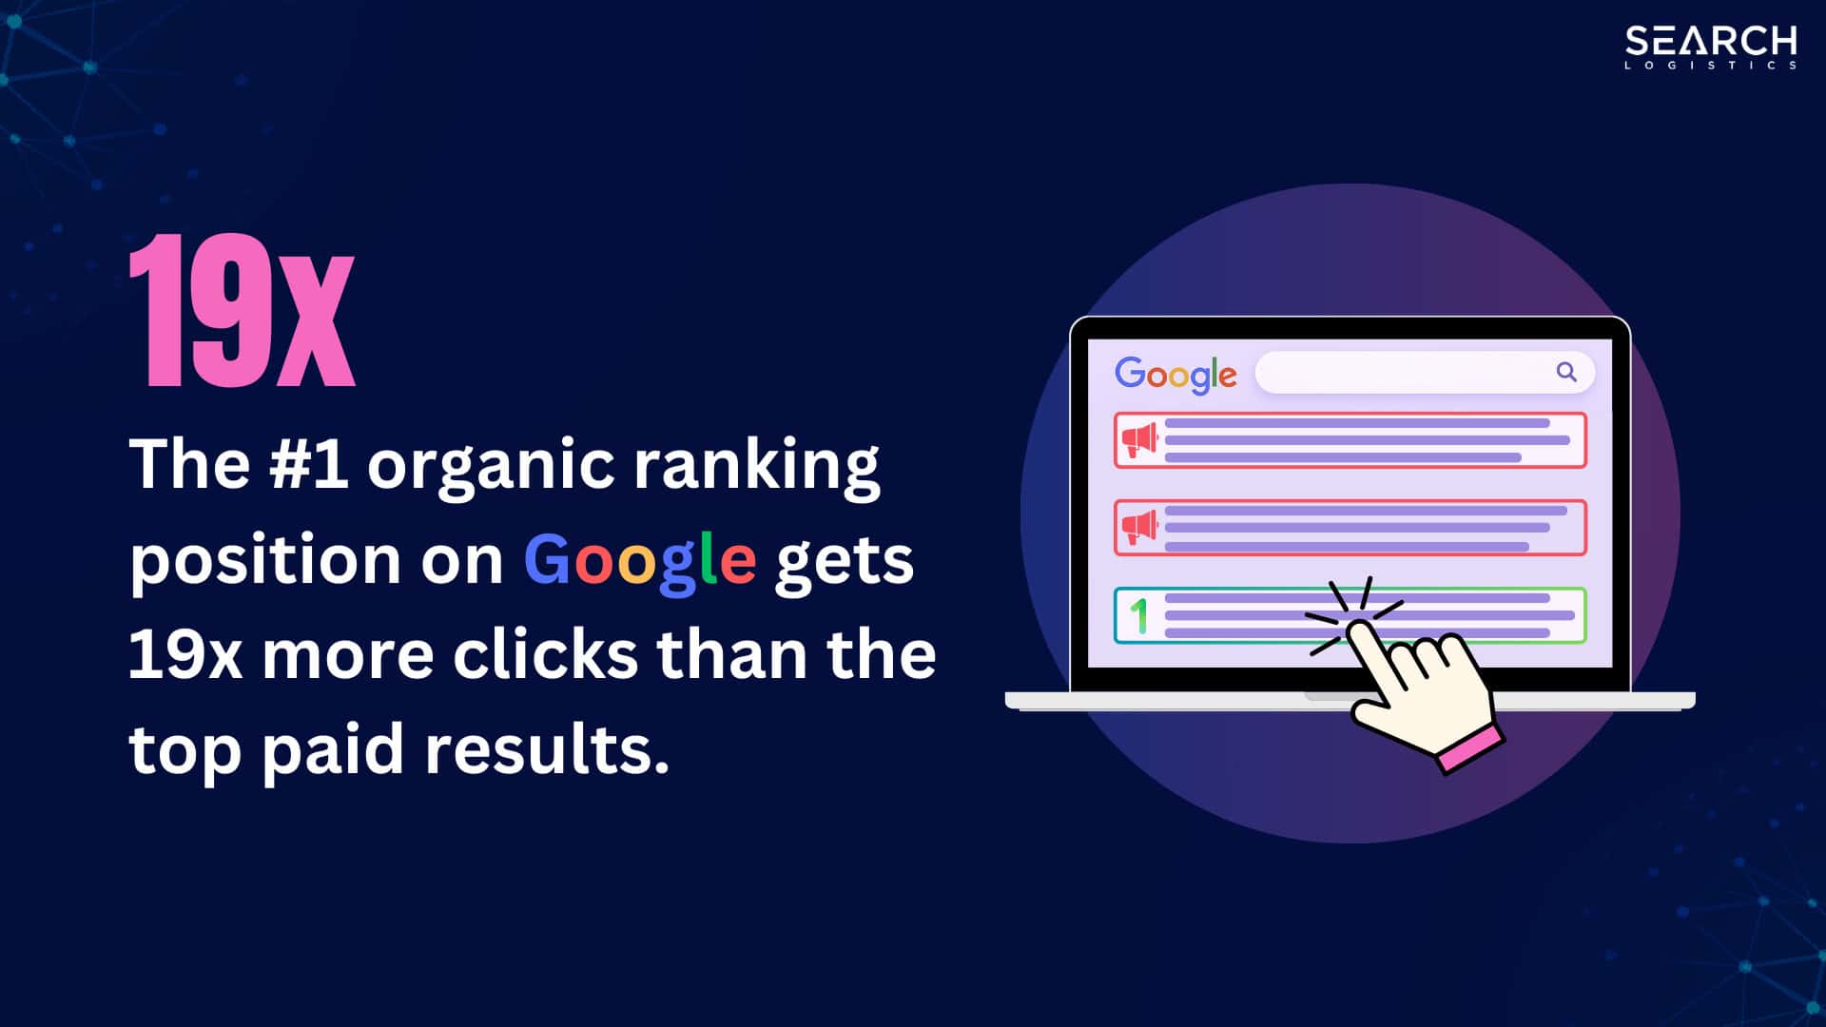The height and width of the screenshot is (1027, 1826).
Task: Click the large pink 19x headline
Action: pos(242,311)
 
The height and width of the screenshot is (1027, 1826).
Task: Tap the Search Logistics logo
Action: pos(1710,47)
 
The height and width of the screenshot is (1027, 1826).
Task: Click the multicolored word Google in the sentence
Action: pos(639,561)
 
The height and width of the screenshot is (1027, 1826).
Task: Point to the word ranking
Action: pos(756,466)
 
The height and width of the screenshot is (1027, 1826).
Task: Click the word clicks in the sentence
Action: pos(544,654)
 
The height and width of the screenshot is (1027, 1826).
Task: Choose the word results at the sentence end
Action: pos(547,749)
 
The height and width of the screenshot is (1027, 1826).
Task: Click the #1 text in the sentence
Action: pos(308,464)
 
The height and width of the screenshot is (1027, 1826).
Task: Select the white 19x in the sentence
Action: pos(185,654)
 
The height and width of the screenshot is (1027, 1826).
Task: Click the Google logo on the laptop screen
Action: pos(1175,375)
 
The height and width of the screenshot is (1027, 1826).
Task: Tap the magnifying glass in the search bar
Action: pos(1566,372)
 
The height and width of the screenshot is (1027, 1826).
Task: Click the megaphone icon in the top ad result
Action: pos(1139,440)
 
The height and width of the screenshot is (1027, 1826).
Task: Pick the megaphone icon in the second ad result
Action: pos(1139,528)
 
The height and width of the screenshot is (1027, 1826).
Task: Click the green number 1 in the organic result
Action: pos(1138,616)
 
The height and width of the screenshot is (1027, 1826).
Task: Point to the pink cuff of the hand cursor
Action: pos(1470,747)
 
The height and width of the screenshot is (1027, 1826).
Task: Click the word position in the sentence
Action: pos(264,561)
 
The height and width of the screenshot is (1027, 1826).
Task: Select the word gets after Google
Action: pos(844,561)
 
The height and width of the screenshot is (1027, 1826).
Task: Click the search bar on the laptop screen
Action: pos(1408,372)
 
